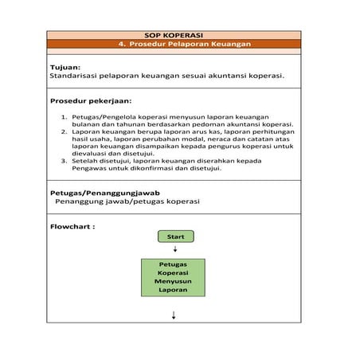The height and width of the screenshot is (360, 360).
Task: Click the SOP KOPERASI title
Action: click(x=174, y=35)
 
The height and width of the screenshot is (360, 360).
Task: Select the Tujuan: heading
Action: click(x=65, y=68)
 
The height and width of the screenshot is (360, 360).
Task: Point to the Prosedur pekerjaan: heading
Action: click(x=90, y=101)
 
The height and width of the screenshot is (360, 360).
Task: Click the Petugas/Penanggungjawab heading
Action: click(x=105, y=193)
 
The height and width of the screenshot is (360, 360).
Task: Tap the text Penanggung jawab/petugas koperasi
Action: click(x=127, y=202)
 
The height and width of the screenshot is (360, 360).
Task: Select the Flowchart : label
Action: click(x=72, y=226)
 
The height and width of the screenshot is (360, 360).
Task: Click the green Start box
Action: click(x=175, y=237)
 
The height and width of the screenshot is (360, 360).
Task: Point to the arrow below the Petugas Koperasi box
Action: click(x=174, y=315)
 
